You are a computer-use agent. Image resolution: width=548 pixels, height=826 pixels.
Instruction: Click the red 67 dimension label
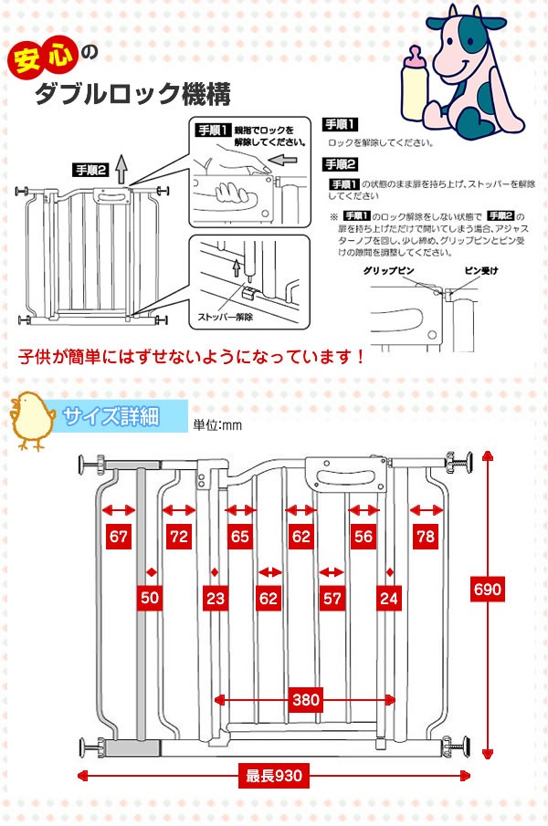[118, 537]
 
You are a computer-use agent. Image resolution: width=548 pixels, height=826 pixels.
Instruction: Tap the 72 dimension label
[178, 537]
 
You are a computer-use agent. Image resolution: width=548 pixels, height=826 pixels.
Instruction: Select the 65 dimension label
[240, 537]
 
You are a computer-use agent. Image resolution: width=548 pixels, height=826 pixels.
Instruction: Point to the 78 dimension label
[425, 537]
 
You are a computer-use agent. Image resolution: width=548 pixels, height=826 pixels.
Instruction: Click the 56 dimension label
[364, 537]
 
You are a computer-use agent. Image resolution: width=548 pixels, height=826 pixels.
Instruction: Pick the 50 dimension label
[150, 598]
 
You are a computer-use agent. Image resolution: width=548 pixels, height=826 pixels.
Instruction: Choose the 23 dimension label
[215, 598]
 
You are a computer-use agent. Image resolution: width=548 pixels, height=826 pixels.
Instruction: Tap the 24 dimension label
[387, 598]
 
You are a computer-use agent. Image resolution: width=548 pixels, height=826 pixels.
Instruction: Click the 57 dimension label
[332, 598]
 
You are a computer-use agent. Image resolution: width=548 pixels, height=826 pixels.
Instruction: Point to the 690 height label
[488, 589]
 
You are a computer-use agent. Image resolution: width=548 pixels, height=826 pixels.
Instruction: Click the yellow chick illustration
[32, 419]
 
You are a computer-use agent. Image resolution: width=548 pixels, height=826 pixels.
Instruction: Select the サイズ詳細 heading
[111, 417]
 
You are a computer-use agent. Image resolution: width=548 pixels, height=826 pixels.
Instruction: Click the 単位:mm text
[216, 424]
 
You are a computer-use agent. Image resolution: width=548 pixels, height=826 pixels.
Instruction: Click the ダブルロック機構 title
[132, 93]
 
